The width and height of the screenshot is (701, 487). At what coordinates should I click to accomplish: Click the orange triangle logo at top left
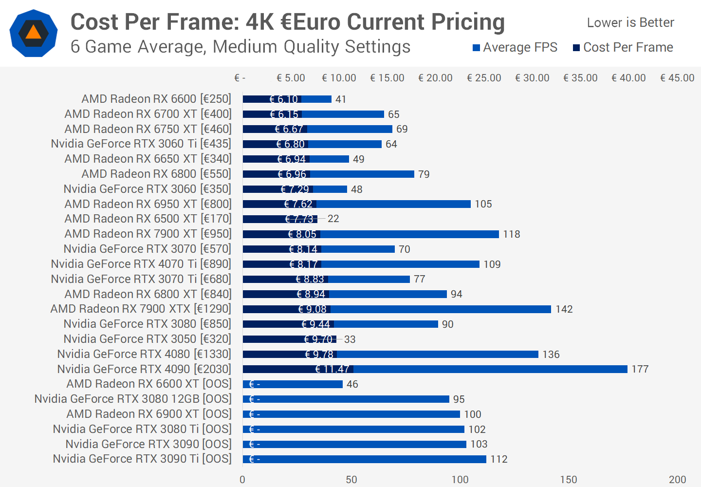click(33, 33)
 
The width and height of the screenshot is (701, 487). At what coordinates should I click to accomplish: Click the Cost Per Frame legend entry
click(623, 47)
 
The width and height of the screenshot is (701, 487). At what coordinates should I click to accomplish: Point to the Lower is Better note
click(630, 22)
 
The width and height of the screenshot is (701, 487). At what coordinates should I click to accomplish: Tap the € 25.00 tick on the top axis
click(484, 78)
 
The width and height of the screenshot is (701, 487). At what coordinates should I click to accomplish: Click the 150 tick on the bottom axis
click(569, 480)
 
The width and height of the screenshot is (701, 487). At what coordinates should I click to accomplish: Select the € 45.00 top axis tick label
click(677, 78)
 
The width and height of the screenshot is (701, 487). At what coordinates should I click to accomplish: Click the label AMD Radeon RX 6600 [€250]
click(156, 99)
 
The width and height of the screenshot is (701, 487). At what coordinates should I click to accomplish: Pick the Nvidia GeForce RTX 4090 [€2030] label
click(144, 369)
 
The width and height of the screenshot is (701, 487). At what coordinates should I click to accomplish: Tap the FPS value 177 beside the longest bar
click(640, 369)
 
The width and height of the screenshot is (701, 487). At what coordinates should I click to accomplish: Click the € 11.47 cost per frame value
click(332, 369)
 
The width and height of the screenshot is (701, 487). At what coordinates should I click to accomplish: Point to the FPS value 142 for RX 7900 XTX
click(564, 309)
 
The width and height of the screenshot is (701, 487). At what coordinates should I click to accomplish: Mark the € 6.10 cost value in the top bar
click(284, 99)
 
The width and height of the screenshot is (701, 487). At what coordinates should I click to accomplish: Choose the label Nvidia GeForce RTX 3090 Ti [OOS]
click(142, 459)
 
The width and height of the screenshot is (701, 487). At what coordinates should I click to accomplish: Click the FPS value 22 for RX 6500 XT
click(333, 219)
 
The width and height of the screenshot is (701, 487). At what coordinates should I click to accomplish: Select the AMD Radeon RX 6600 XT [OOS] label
click(149, 384)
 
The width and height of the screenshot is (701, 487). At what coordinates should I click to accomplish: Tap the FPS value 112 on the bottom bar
click(499, 459)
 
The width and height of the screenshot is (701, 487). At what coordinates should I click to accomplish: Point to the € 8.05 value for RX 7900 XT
click(302, 234)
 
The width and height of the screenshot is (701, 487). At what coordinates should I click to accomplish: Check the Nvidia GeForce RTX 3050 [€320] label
click(148, 339)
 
